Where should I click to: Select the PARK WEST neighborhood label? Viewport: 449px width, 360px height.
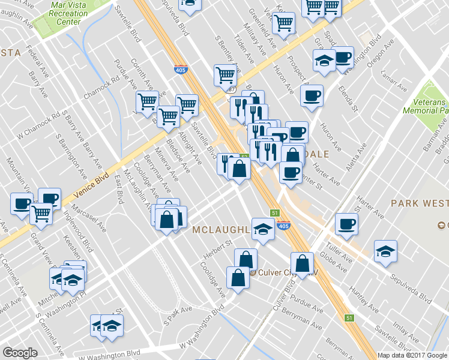[x=419, y=203]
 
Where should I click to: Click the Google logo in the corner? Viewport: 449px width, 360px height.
[x=20, y=353]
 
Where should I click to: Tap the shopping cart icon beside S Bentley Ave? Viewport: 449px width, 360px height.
[x=225, y=76]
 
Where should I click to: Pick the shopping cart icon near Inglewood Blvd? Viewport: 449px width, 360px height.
[x=41, y=214]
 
